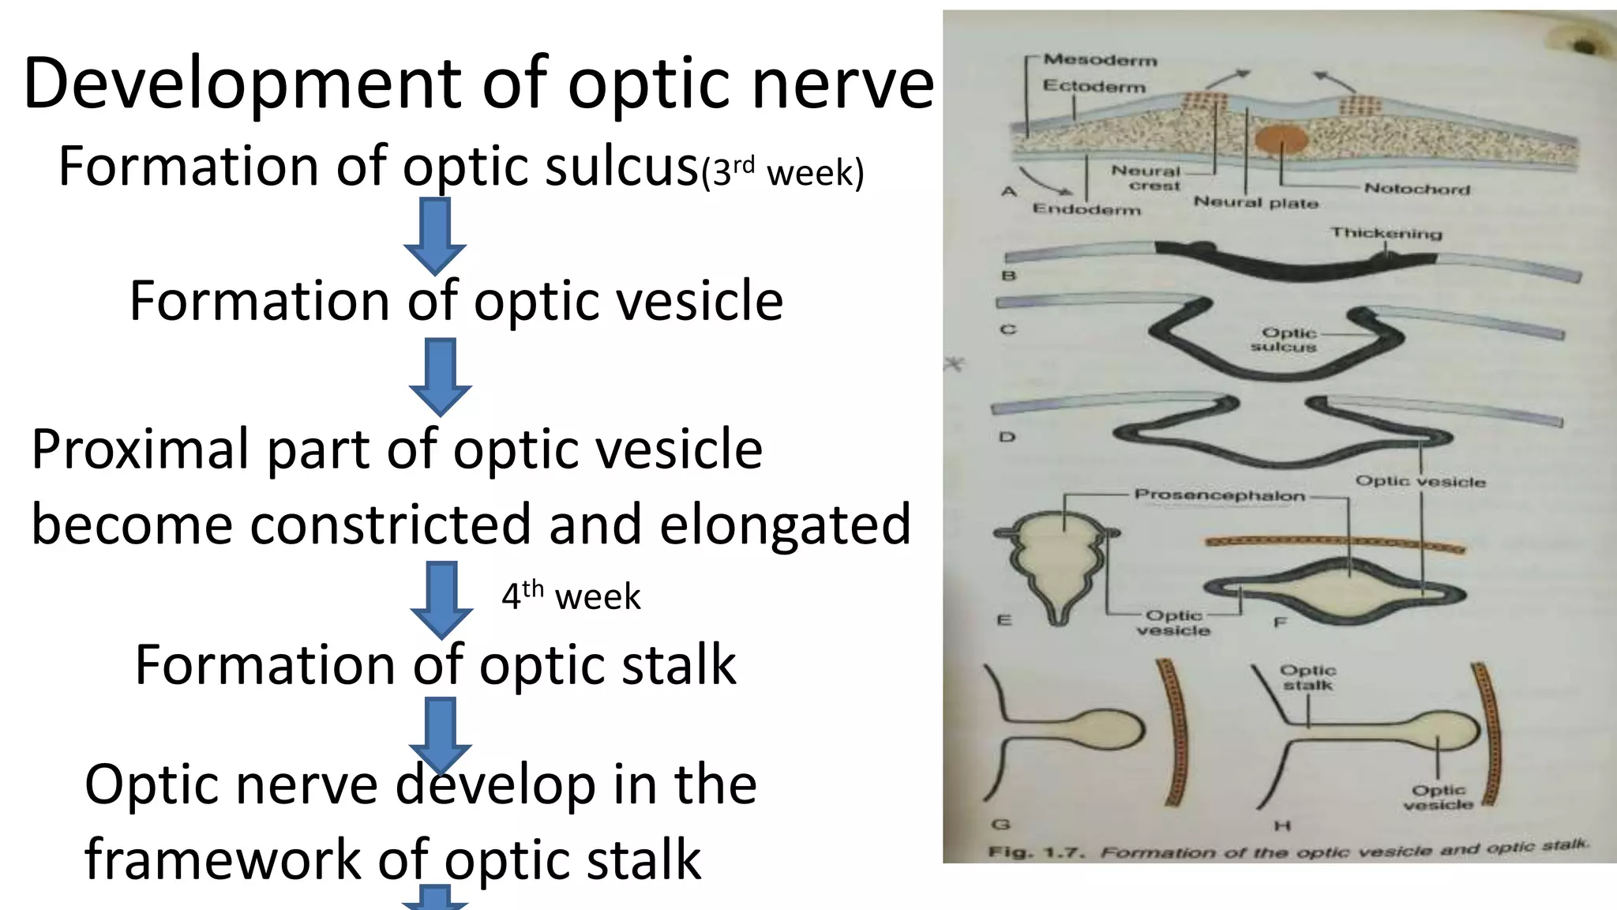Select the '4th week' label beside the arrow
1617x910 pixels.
[x=571, y=596]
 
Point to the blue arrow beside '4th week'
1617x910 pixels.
[x=441, y=599]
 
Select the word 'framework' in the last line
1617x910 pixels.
[x=223, y=859]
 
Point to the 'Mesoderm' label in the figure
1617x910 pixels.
[x=1100, y=60]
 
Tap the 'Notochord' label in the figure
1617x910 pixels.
[x=1417, y=189]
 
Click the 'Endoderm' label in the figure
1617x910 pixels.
[x=1086, y=209]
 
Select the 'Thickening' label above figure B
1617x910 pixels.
[x=1386, y=233]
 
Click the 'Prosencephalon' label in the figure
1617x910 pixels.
[x=1219, y=495]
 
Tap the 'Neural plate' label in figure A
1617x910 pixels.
[x=1255, y=202]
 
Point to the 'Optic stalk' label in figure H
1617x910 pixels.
[x=1307, y=678]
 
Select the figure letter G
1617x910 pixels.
[x=1000, y=825]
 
